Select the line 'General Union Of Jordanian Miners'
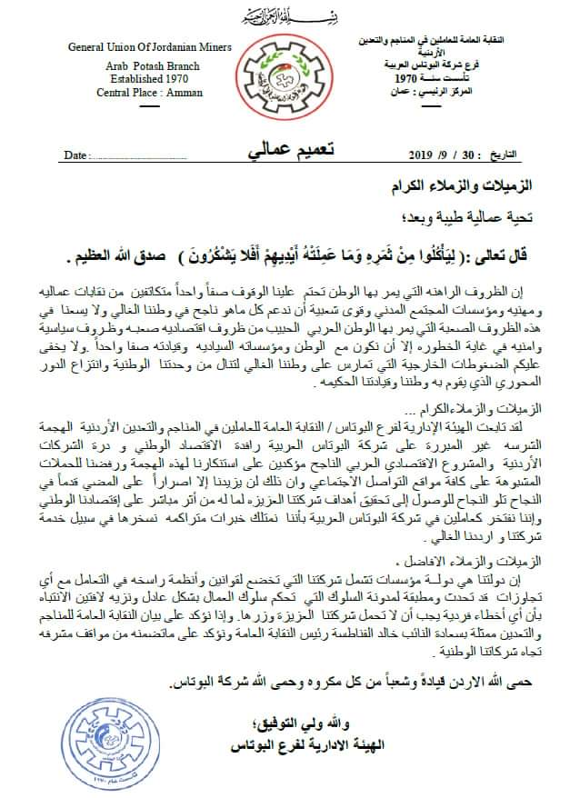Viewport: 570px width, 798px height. tap(137, 47)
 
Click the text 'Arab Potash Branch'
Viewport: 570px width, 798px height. tap(135, 65)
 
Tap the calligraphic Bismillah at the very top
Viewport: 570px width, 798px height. tap(285, 16)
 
